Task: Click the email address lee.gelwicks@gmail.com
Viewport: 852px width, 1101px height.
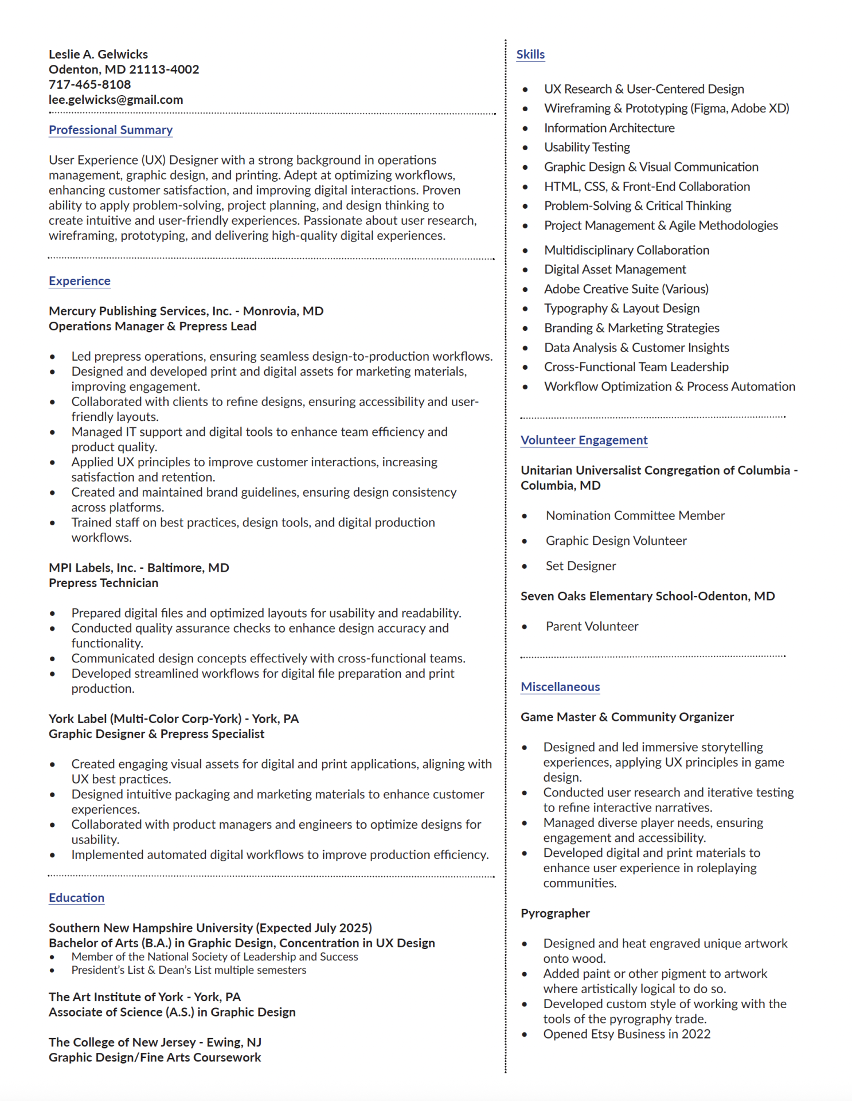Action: coord(116,100)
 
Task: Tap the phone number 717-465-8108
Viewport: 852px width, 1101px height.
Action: coord(89,85)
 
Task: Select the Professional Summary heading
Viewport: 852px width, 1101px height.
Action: coord(111,130)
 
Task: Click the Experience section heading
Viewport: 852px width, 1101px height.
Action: coord(80,281)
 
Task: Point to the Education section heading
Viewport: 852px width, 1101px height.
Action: coord(76,898)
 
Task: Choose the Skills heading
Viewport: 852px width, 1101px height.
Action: coord(530,54)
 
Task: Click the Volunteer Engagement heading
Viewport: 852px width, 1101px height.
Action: coord(584,440)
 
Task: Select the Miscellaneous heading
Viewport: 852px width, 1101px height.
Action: coord(560,687)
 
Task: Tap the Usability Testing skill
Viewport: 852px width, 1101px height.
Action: coord(587,147)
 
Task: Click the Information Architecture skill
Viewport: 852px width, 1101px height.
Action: coord(609,128)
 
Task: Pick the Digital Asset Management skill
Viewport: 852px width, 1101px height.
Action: coord(615,270)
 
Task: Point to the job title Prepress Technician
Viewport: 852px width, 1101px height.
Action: coord(103,583)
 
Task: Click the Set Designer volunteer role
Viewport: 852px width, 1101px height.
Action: coord(580,566)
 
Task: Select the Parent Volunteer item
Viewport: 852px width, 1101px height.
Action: coord(592,627)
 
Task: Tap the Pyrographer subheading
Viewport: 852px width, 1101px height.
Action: coord(555,913)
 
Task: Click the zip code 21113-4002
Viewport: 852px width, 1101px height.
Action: coord(164,70)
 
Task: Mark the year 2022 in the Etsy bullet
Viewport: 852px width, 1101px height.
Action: coord(696,1034)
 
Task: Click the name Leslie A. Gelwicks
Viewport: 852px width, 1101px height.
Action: coord(98,54)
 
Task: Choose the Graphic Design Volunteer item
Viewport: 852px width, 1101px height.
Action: coord(616,541)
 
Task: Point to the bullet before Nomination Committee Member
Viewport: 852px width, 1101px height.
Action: coord(524,516)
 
